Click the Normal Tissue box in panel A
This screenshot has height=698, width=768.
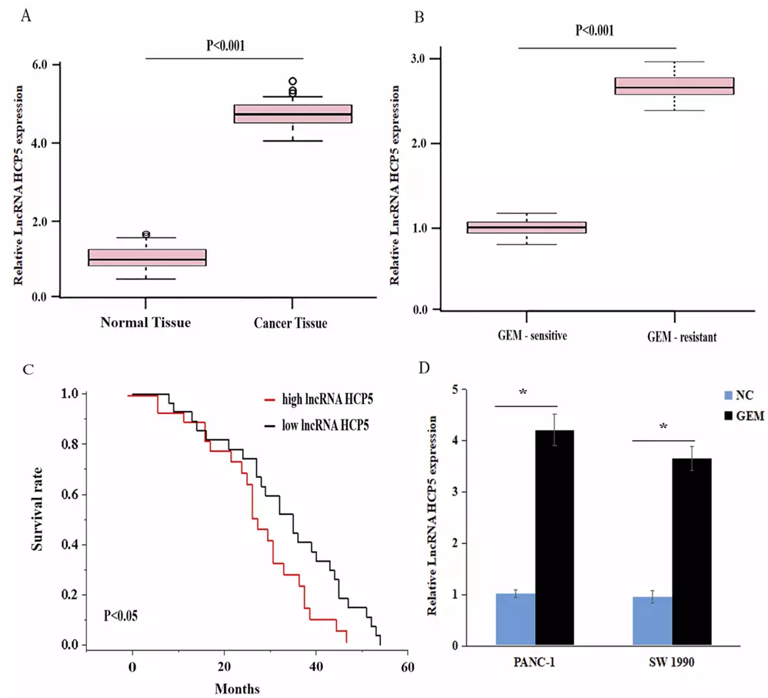pos(147,257)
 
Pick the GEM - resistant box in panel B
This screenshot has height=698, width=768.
pos(674,86)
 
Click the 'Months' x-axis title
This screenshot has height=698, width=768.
pos(238,688)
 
